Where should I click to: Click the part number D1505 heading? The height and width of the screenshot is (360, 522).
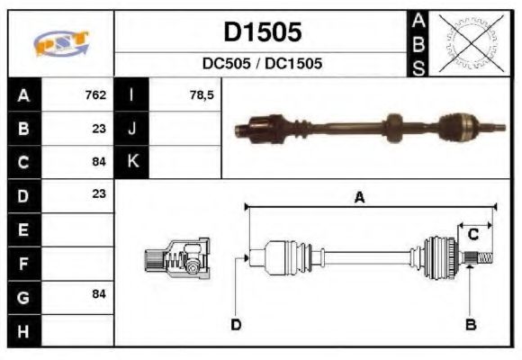pos(262,32)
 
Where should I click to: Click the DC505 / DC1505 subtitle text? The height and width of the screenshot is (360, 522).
pos(262,65)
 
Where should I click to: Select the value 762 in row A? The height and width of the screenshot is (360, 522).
pos(95,94)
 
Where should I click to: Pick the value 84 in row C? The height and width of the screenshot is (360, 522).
pos(98,162)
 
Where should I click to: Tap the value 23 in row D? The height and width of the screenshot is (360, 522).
pos(98,193)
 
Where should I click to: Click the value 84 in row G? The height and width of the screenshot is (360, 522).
pos(98,295)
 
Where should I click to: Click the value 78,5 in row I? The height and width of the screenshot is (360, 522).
pos(202,94)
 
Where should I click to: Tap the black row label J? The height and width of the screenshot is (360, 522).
pos(131,128)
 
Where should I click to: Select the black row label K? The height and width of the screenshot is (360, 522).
pos(131,162)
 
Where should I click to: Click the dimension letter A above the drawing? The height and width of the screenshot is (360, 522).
pos(359,199)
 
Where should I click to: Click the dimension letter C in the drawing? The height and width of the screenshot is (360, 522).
pos(472,235)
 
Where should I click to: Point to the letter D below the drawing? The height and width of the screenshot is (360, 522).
pos(236,324)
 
